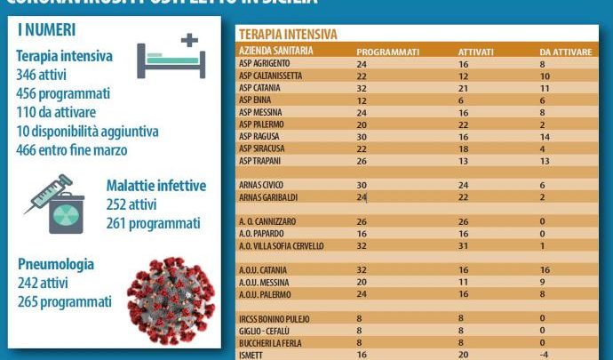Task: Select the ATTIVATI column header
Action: (x=475, y=52)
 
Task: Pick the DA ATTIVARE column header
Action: (x=565, y=52)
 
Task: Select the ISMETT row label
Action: (x=253, y=353)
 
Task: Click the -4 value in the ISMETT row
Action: (x=546, y=353)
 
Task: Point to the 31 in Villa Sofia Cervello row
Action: (x=462, y=245)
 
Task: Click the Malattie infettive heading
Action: (x=155, y=186)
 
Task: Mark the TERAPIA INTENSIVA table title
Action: (x=288, y=34)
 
